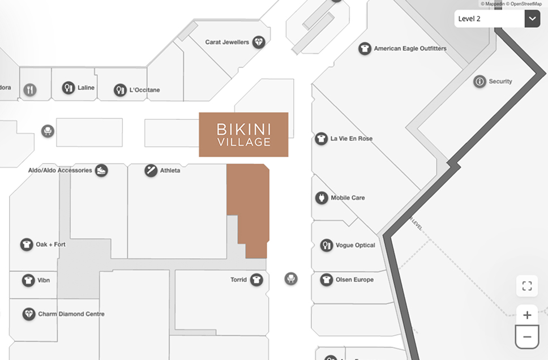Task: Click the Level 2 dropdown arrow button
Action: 532,19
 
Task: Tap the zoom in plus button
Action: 527,315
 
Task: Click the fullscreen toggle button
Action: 527,286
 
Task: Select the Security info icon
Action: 479,82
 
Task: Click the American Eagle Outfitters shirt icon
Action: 365,49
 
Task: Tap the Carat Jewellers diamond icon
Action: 259,42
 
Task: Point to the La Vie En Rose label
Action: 352,139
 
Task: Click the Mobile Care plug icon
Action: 322,198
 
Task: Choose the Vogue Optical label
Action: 355,246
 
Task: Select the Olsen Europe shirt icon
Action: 326,280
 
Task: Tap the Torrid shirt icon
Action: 257,280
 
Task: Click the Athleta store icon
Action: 151,170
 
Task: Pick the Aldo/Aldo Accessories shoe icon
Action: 101,170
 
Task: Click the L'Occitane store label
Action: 145,90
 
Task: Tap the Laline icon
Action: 68,88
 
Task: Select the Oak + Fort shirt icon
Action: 27,245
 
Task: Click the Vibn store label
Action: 44,280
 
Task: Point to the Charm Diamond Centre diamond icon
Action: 29,314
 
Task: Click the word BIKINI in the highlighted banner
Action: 243,129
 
